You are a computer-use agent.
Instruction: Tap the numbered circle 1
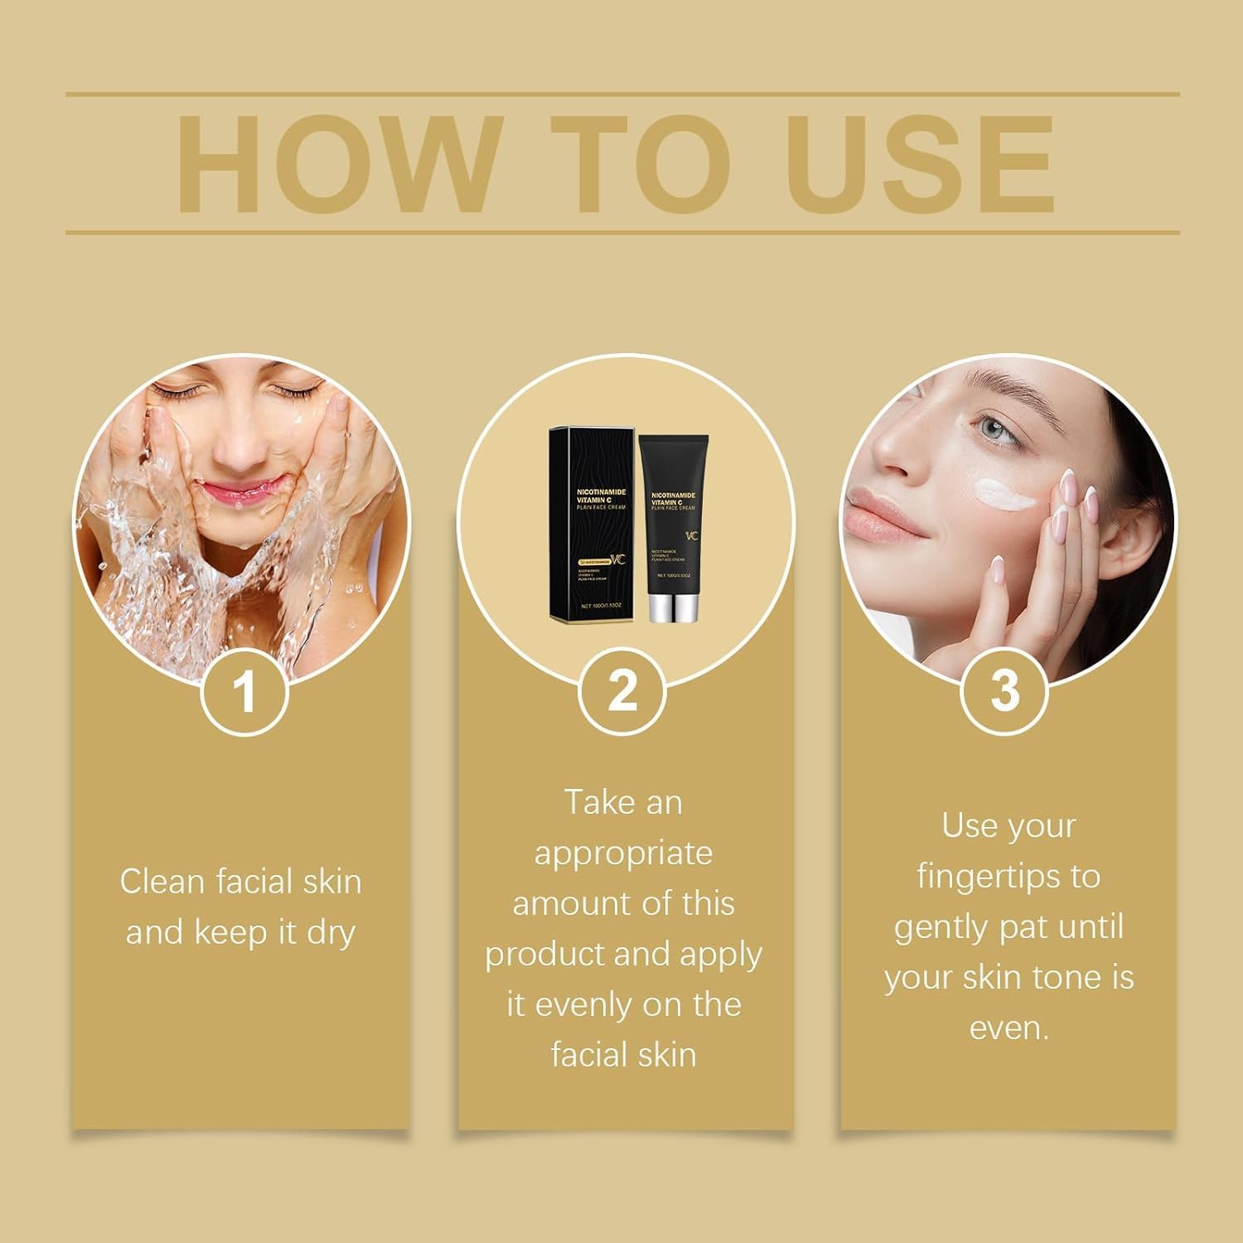(244, 691)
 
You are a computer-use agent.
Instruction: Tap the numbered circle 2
(622, 691)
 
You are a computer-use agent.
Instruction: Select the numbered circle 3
(1004, 691)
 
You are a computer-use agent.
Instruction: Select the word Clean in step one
(162, 882)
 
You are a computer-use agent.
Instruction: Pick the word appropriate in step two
(623, 854)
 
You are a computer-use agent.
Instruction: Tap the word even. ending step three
(1008, 1028)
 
